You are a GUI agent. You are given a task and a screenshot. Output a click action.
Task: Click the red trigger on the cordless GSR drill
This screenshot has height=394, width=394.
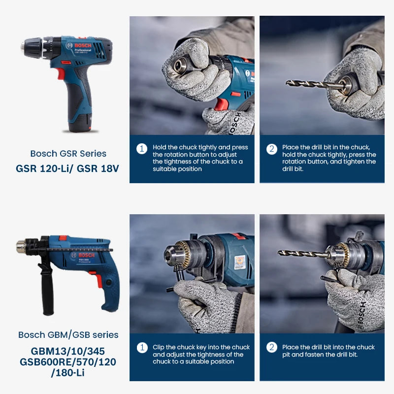click(61, 74)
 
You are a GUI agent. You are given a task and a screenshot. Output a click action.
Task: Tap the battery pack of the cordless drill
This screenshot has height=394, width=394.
click(79, 121)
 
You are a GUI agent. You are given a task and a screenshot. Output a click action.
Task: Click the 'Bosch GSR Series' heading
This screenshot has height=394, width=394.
click(68, 154)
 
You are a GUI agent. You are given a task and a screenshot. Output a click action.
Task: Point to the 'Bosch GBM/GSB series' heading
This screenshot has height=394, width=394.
click(68, 335)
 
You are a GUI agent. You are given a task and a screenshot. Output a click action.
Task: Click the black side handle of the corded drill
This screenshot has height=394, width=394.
click(47, 291)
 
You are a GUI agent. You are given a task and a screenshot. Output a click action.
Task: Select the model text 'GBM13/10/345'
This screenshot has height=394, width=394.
click(68, 352)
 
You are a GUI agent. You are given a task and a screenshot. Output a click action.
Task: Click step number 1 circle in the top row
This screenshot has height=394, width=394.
click(142, 149)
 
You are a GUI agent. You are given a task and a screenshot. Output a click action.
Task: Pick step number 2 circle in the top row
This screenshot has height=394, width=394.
click(272, 149)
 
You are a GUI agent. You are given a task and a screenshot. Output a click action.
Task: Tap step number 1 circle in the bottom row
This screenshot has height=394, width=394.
click(142, 348)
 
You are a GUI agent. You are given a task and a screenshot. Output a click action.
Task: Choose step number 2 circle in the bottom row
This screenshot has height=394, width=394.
click(272, 348)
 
